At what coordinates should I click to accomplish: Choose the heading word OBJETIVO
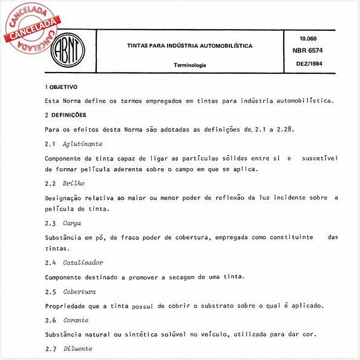[x=64, y=87]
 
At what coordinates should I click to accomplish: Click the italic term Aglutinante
[x=82, y=144]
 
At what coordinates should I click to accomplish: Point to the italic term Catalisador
[x=83, y=263]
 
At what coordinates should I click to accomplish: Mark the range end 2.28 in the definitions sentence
[x=283, y=129]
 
